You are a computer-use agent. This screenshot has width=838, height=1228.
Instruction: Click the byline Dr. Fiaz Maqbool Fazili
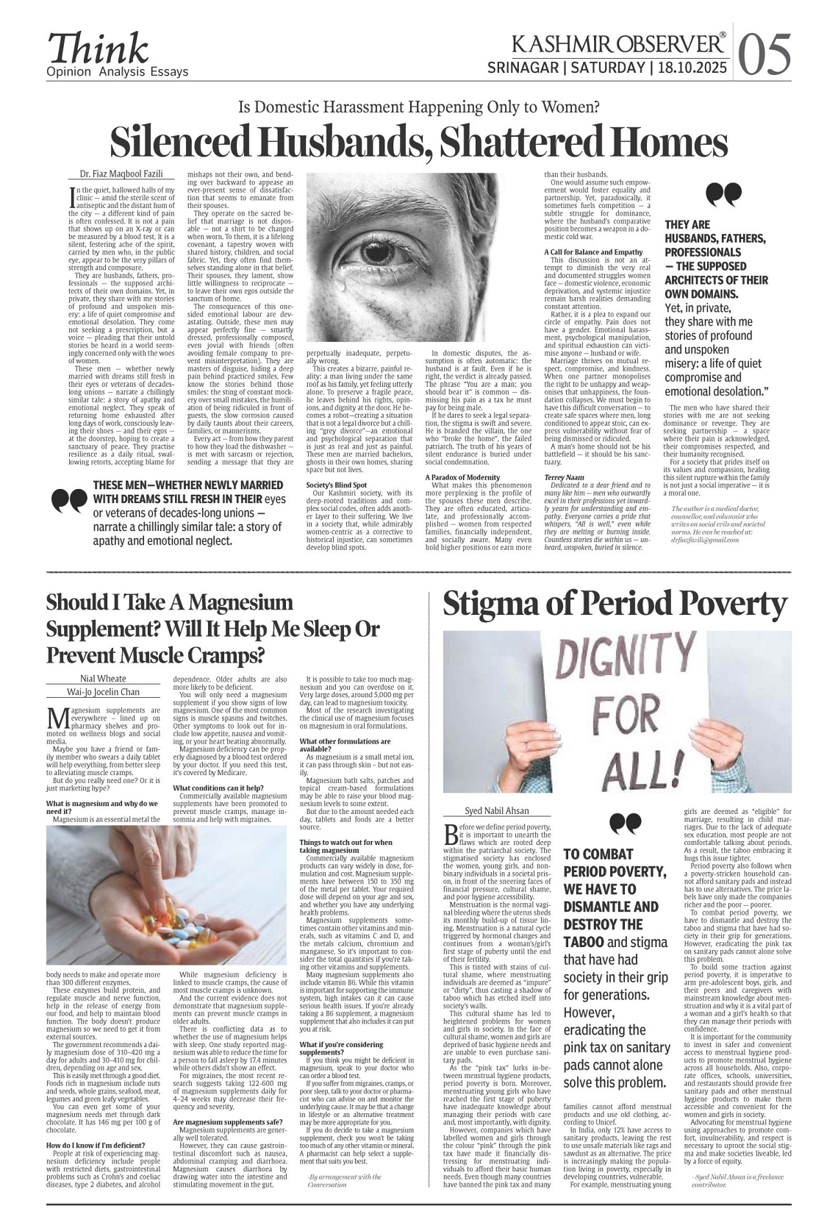pyautogui.click(x=116, y=174)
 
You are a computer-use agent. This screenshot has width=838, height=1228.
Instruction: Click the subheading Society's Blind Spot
pyautogui.click(x=337, y=485)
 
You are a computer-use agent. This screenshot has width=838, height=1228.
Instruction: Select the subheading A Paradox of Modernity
pyautogui.click(x=463, y=477)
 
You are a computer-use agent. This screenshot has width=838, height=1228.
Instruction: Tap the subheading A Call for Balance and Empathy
pyautogui.click(x=594, y=252)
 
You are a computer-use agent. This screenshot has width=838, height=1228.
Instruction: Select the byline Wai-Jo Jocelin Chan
pyautogui.click(x=103, y=692)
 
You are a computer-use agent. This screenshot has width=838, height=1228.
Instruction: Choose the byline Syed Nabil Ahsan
pyautogui.click(x=497, y=811)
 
